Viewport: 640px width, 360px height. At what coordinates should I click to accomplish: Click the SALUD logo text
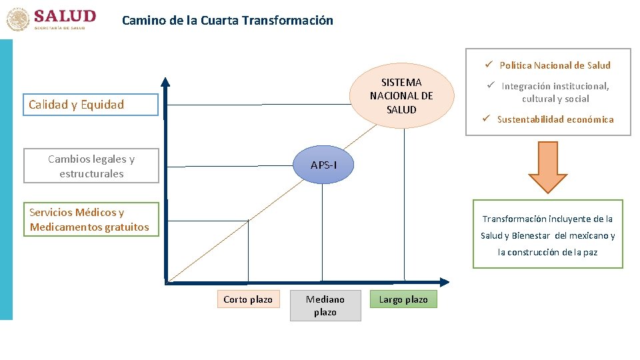[x=65, y=16]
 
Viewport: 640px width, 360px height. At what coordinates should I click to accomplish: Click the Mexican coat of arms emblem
[x=18, y=19]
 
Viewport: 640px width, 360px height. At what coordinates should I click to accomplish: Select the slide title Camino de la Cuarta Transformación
[x=227, y=20]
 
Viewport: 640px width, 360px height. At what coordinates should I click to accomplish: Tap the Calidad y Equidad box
[x=91, y=105]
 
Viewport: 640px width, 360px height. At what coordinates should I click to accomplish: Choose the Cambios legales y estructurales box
[x=91, y=166]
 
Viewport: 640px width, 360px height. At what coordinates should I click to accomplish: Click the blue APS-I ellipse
[x=323, y=165]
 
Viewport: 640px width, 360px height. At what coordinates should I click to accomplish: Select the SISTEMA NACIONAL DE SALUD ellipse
[x=401, y=96]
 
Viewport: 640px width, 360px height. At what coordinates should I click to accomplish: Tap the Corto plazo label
[x=248, y=299]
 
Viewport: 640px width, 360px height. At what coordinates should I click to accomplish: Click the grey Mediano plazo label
[x=325, y=305]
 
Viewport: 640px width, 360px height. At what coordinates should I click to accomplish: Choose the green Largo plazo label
[x=403, y=299]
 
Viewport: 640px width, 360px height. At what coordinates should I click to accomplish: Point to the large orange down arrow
[x=543, y=167]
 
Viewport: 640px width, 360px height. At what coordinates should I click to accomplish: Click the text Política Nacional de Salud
[x=555, y=65]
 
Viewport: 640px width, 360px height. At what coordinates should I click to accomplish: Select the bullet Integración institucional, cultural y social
[x=555, y=92]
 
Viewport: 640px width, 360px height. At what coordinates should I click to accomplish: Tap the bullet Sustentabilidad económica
[x=555, y=119]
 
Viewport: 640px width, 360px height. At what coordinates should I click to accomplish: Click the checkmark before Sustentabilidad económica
[x=487, y=119]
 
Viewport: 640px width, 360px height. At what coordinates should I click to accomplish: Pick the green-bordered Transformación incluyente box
[x=548, y=235]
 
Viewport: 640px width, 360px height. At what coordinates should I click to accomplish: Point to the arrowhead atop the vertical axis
[x=165, y=81]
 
